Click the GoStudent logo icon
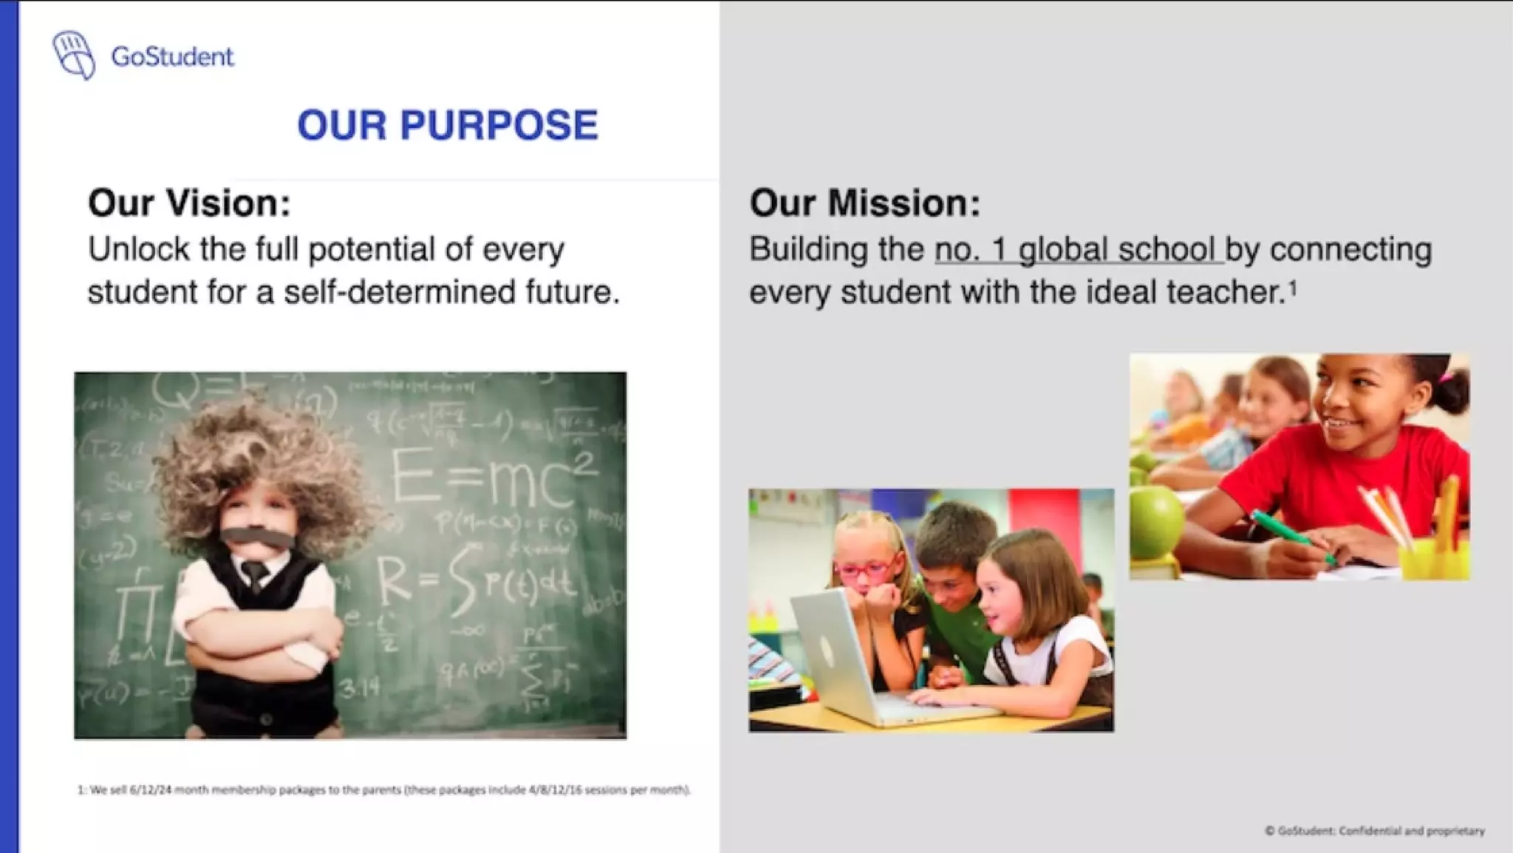(x=73, y=55)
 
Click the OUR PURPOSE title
(x=447, y=124)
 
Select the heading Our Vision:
(x=189, y=203)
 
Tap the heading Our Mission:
(x=864, y=203)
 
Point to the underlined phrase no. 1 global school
(x=1076, y=250)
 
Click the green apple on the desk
(x=1155, y=521)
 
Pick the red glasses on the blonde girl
(x=864, y=570)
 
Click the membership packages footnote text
(x=383, y=789)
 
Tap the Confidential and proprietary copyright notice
(x=1374, y=831)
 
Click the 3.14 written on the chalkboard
(x=361, y=688)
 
